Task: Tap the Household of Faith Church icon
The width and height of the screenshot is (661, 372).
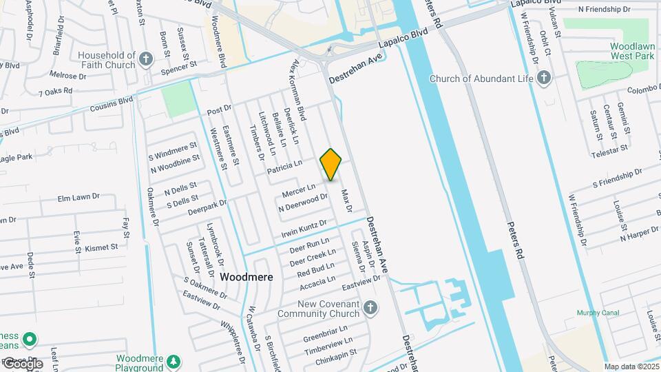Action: [x=145, y=59]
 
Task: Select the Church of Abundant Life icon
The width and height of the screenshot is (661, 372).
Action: [x=544, y=78]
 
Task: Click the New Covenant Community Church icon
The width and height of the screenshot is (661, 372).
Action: [x=370, y=308]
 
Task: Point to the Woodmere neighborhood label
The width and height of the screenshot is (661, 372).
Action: [x=246, y=277]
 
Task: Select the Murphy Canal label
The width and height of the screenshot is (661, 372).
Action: [x=597, y=313]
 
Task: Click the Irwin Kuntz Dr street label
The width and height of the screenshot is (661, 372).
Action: [x=303, y=230]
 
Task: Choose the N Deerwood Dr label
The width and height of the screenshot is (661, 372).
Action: [x=303, y=203]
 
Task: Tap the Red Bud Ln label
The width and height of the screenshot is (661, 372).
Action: [x=315, y=270]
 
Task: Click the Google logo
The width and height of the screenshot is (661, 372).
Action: [x=23, y=363]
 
